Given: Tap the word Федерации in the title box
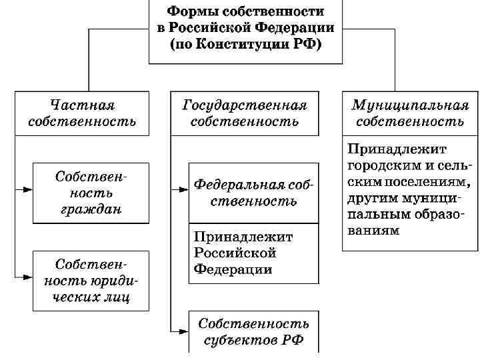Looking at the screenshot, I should (x=299, y=28).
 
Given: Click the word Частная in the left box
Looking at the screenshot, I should (x=83, y=105).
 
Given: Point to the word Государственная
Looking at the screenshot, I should (x=244, y=105).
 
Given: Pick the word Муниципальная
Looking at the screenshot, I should (x=410, y=105).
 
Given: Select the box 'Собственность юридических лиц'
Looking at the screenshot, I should (x=91, y=281).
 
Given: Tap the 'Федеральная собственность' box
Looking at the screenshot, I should (x=253, y=192).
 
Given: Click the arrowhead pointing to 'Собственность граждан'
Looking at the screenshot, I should (x=28, y=189).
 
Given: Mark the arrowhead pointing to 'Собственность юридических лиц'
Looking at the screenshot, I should (x=28, y=275).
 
